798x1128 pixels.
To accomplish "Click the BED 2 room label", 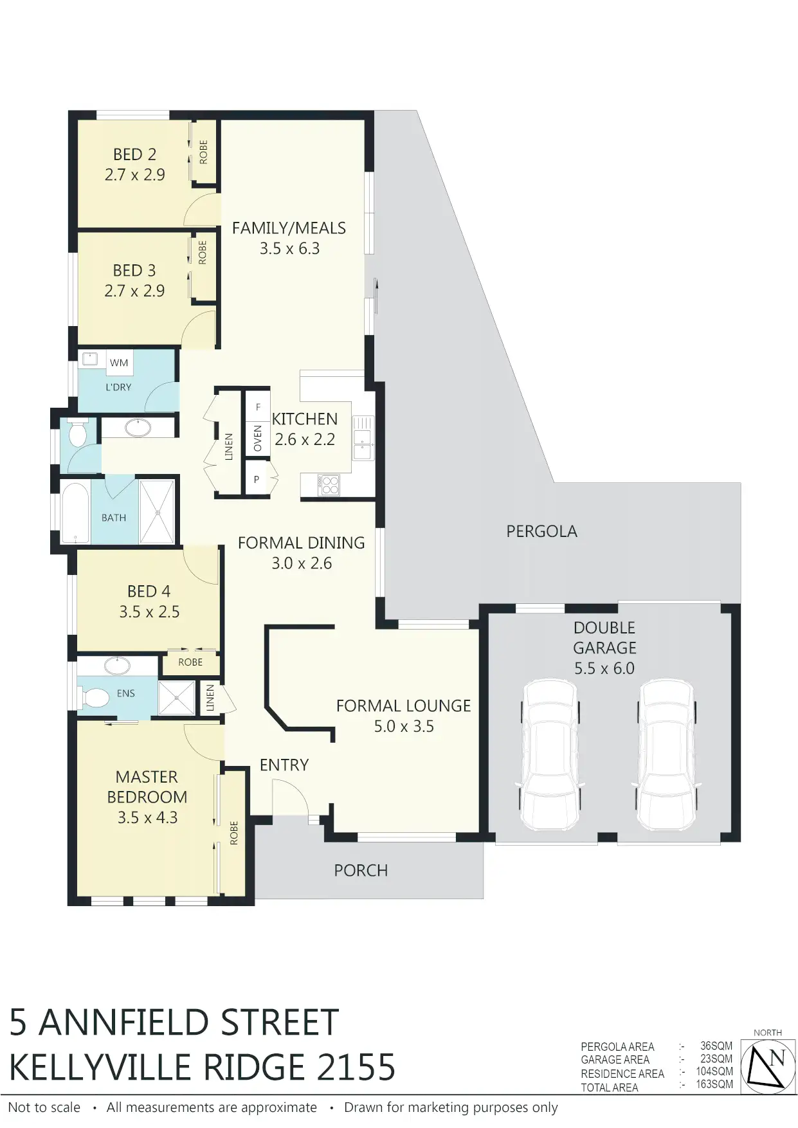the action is (x=134, y=154).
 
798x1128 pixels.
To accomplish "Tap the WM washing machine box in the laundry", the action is (x=119, y=363).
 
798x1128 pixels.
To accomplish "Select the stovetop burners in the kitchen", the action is (x=329, y=484).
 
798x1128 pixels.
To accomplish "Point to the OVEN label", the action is (x=258, y=438).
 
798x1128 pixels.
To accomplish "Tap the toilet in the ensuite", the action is (x=94, y=696).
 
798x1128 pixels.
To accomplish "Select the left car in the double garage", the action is (x=550, y=756).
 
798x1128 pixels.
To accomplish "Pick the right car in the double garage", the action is (x=666, y=756).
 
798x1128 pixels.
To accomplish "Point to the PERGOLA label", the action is (x=541, y=531).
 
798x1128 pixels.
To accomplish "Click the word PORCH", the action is (x=361, y=870).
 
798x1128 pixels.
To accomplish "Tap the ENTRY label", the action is (x=284, y=765).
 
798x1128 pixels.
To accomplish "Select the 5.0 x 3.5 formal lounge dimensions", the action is (x=404, y=726).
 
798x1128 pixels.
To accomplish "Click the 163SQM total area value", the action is (x=714, y=1084).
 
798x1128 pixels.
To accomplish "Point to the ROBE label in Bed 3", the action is (x=203, y=252).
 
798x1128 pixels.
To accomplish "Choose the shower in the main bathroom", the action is (x=157, y=511).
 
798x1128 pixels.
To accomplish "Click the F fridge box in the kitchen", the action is (x=258, y=407).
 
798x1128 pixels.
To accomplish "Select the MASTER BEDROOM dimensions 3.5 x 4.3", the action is (x=147, y=817).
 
